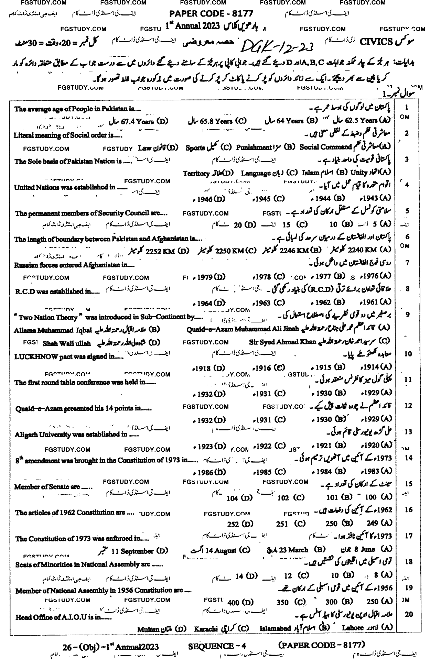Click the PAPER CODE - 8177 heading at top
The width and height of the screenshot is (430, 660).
(x=212, y=14)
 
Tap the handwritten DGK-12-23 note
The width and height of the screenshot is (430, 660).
(x=280, y=45)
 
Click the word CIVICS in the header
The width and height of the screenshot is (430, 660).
(x=376, y=42)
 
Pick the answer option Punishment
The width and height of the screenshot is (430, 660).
(x=254, y=147)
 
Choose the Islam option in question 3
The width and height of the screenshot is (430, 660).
(x=311, y=173)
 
